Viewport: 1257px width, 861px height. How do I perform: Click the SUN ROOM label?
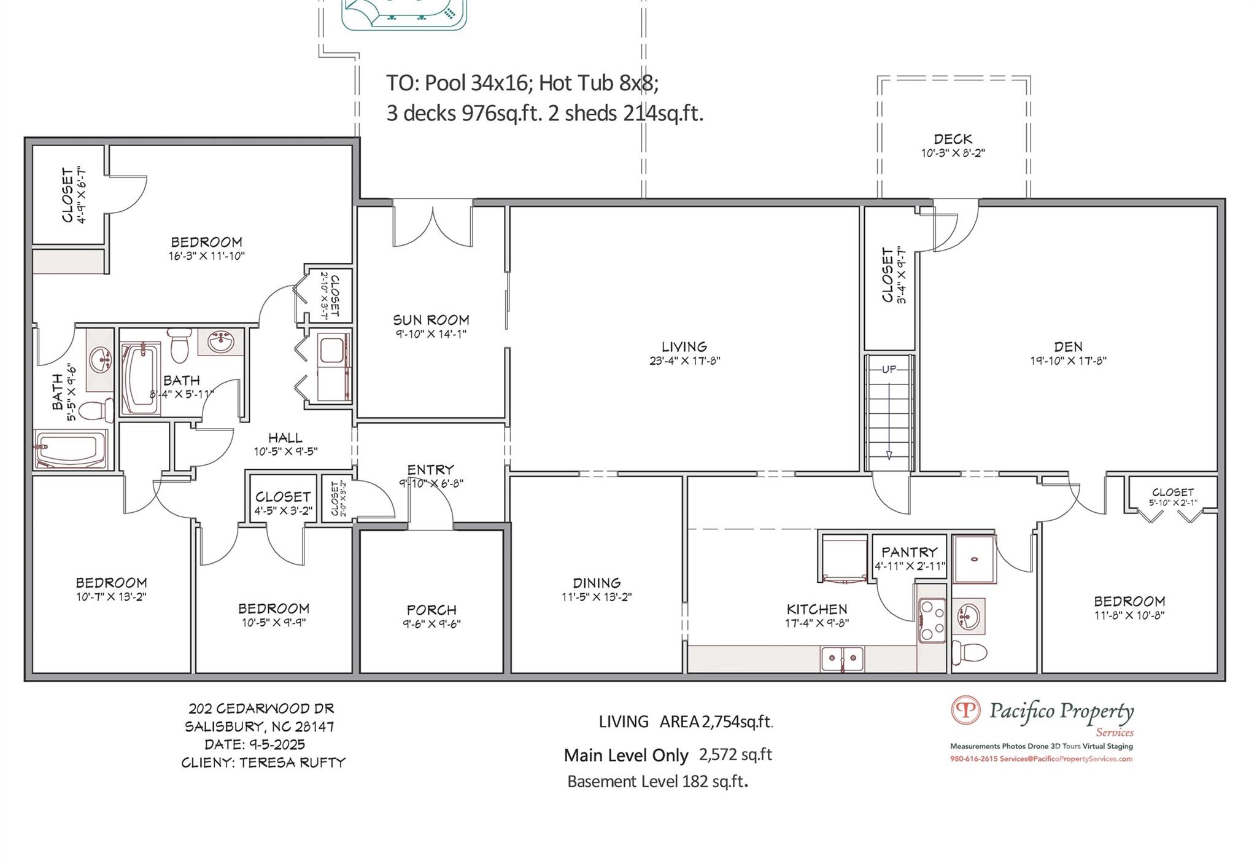[x=431, y=320]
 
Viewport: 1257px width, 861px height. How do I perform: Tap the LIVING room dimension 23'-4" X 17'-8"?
[x=684, y=361]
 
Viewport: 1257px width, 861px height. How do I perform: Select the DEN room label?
[x=1068, y=346]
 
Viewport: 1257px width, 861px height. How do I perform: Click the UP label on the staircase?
[x=889, y=369]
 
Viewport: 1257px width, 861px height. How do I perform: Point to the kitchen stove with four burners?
[x=932, y=620]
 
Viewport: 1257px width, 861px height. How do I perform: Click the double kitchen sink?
[x=842, y=659]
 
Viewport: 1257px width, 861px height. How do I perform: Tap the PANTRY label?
[x=910, y=552]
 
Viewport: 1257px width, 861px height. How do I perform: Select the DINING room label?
[x=597, y=583]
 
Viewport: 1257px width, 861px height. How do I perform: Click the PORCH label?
[x=431, y=610]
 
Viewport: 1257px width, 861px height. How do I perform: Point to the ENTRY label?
[x=431, y=470]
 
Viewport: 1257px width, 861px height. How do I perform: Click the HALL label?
[x=285, y=438]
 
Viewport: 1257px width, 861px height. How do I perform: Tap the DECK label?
[x=953, y=139]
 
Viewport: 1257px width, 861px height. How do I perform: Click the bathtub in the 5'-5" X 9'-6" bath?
[x=71, y=450]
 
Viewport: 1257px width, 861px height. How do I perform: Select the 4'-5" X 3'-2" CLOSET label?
[x=283, y=496]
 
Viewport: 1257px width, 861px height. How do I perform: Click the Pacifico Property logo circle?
[x=966, y=710]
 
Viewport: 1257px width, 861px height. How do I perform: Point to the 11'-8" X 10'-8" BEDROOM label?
[x=1129, y=601]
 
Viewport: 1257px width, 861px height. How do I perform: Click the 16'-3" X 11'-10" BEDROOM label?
[x=206, y=242]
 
